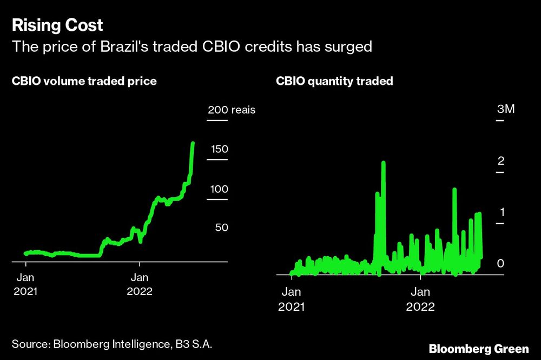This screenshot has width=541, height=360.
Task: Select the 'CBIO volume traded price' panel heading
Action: pos(84,82)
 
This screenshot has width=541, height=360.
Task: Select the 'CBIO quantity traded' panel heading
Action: pos(334,82)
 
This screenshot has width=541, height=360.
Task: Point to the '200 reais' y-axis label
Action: pos(231,110)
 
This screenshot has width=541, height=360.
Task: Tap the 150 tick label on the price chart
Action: pos(219,149)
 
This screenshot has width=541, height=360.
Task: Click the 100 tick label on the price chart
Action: pos(219,189)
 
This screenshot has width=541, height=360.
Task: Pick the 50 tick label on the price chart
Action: pos(222,228)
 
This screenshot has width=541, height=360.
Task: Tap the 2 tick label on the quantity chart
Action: pos(500,161)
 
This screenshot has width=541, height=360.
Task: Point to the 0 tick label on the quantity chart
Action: pos(500,263)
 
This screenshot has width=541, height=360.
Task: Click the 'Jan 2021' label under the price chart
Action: pos(25,284)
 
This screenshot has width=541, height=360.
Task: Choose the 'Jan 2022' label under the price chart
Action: pos(140,284)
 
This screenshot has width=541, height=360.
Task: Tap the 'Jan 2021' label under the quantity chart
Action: pos(291,299)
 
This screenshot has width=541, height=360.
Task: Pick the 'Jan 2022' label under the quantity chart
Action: pos(420,299)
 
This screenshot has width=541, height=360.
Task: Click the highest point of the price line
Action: pos(193,143)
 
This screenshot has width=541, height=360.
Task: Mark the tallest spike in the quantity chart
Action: pos(384,162)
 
